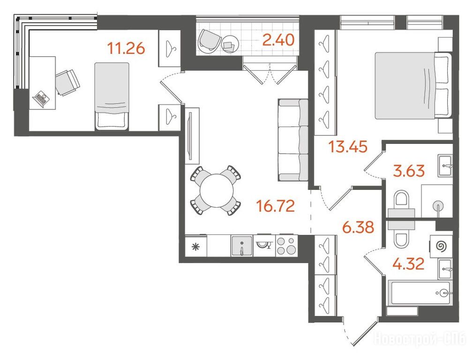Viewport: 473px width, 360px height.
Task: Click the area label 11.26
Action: [127, 48]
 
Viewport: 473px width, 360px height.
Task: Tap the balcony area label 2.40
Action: [278, 40]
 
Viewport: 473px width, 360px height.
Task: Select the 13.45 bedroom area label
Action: [348, 147]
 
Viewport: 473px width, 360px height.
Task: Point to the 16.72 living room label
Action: [275, 206]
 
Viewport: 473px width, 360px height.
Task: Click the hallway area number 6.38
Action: [358, 227]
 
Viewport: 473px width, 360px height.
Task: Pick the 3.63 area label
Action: [409, 171]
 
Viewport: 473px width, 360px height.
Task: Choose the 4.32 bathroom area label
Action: [408, 264]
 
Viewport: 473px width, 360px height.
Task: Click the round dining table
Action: [217, 190]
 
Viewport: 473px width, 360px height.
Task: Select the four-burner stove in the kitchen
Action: [286, 246]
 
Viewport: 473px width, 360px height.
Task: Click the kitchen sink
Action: [242, 246]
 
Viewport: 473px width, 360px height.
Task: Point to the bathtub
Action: [420, 292]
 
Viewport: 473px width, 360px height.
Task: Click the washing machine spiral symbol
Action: [441, 246]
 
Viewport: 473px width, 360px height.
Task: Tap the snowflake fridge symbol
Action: [196, 247]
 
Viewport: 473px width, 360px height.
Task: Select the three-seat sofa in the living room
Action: [293, 140]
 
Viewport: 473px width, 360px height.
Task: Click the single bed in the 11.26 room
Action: [112, 96]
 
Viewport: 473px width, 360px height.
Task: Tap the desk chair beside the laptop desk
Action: [68, 82]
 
